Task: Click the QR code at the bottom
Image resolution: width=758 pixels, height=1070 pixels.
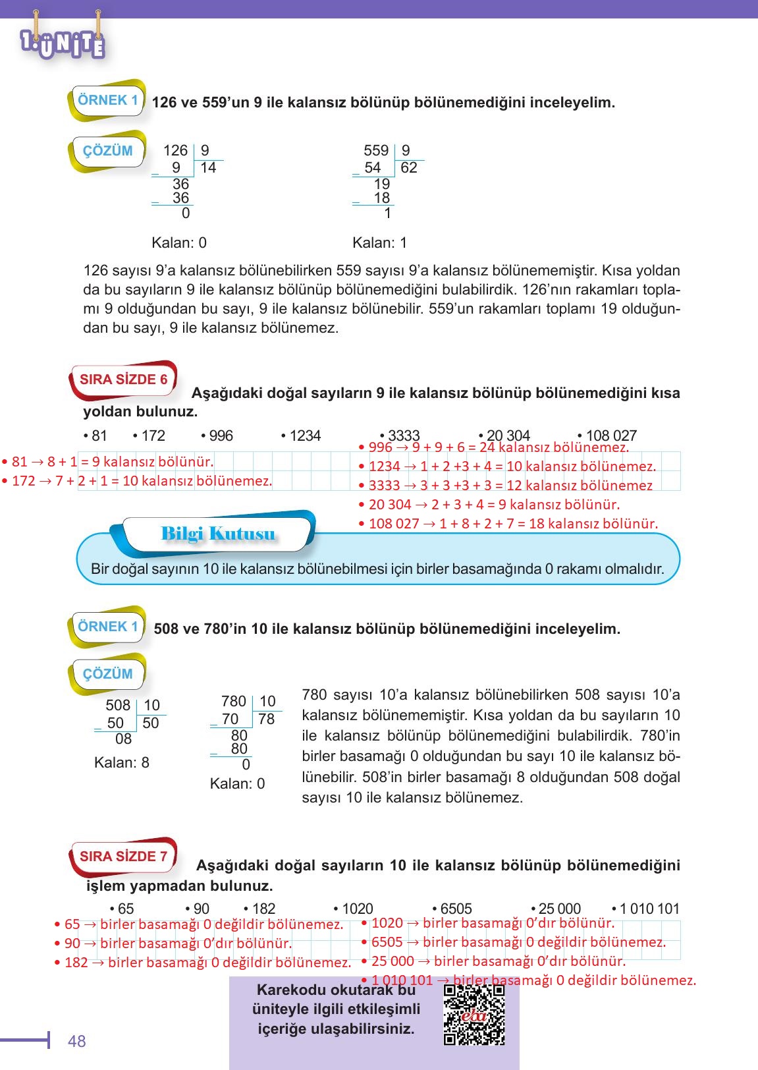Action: (x=474, y=1015)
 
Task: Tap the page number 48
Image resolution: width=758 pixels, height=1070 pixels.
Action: (x=77, y=1041)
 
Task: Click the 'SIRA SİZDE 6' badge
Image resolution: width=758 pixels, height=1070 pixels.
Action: (x=123, y=380)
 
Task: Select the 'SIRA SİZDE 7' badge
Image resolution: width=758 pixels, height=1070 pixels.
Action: (x=123, y=857)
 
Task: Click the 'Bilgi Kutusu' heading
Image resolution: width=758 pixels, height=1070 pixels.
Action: (x=218, y=533)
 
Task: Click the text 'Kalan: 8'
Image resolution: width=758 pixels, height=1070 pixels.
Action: (x=122, y=762)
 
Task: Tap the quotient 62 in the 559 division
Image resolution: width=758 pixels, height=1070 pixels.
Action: (x=408, y=167)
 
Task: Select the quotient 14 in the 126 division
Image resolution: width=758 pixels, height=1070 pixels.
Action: (x=208, y=167)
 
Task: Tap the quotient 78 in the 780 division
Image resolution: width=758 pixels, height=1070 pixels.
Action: (x=266, y=719)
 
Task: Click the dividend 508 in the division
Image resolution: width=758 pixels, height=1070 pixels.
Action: (x=118, y=705)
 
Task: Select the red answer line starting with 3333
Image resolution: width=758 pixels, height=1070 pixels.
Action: (x=506, y=486)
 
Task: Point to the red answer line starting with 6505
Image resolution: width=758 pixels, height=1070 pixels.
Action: (x=513, y=942)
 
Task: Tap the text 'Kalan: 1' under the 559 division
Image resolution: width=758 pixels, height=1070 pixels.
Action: (x=379, y=242)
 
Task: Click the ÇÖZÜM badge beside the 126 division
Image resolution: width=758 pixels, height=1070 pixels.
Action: (x=107, y=151)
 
